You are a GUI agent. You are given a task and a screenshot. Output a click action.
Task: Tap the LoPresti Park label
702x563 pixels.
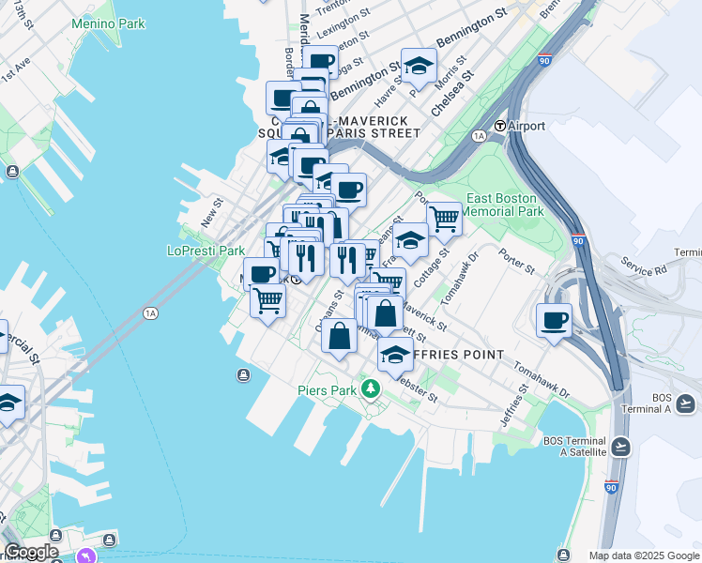coord(206,251)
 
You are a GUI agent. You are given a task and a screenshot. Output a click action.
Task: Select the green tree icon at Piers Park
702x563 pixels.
coord(372,388)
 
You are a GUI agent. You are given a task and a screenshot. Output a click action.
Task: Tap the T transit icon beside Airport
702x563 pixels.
coord(500,126)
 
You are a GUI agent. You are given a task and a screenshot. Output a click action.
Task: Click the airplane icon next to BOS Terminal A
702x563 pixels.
coord(684,403)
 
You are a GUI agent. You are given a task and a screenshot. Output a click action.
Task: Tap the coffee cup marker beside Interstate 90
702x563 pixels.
coord(554,320)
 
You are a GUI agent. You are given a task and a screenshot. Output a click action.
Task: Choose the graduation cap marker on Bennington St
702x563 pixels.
coord(419,65)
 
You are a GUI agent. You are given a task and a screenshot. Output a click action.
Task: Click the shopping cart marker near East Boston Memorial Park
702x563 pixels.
coord(444,219)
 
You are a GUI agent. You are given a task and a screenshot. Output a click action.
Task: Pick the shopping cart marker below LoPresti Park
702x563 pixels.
coord(267,301)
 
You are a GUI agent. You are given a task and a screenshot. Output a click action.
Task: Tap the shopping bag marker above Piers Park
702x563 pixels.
coord(340,335)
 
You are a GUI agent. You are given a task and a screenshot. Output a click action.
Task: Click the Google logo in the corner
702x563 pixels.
coord(31,552)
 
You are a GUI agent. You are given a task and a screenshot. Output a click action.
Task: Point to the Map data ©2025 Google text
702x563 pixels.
coord(644,555)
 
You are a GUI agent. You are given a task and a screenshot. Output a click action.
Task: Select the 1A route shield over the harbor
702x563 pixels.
coord(150,313)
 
